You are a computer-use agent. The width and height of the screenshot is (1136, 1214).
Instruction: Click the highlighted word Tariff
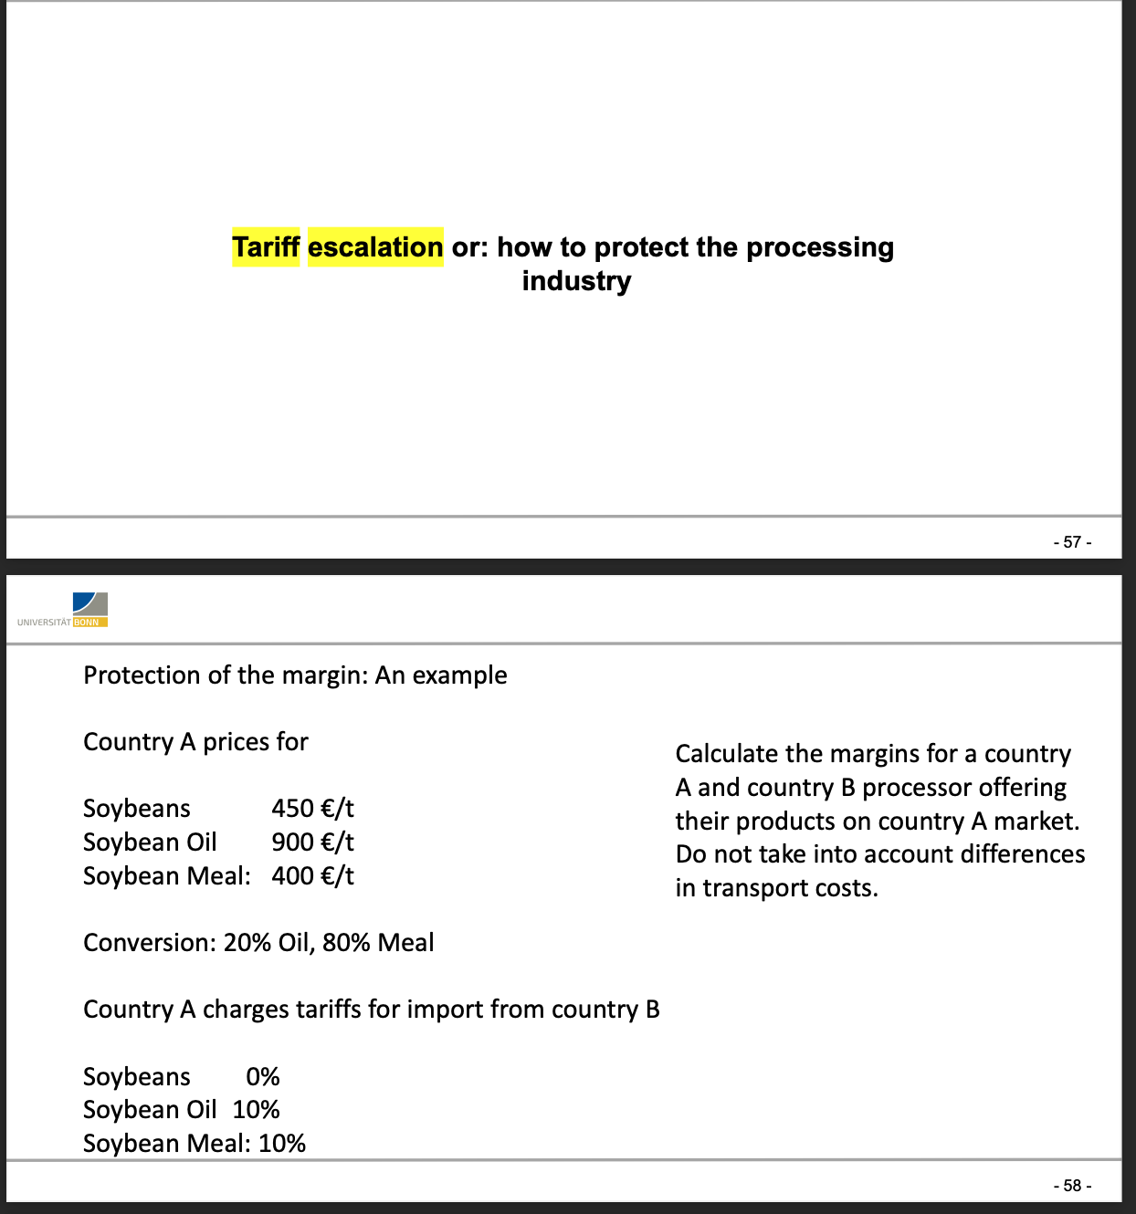pyautogui.click(x=266, y=247)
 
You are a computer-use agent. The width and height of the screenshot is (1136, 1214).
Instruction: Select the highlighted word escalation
pyautogui.click(x=375, y=247)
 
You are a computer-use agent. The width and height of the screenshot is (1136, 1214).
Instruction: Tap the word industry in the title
pyautogui.click(x=576, y=281)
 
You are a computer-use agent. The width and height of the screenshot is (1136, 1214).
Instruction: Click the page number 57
pyautogui.click(x=1072, y=542)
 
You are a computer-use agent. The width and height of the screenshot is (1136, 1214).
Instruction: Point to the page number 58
pyautogui.click(x=1072, y=1186)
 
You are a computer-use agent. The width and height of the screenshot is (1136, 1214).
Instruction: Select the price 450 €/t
pyautogui.click(x=312, y=809)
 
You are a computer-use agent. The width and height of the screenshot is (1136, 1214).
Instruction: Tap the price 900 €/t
pyautogui.click(x=312, y=842)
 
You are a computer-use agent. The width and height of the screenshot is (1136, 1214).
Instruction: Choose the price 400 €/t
pyautogui.click(x=312, y=876)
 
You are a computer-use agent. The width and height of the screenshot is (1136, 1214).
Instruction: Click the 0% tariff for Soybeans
pyautogui.click(x=263, y=1077)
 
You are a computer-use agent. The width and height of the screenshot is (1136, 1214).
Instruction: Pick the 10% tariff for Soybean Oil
pyautogui.click(x=256, y=1110)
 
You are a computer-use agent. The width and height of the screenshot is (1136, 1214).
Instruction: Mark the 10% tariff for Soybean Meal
pyautogui.click(x=282, y=1144)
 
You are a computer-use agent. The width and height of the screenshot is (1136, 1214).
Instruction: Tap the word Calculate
pyautogui.click(x=727, y=754)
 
